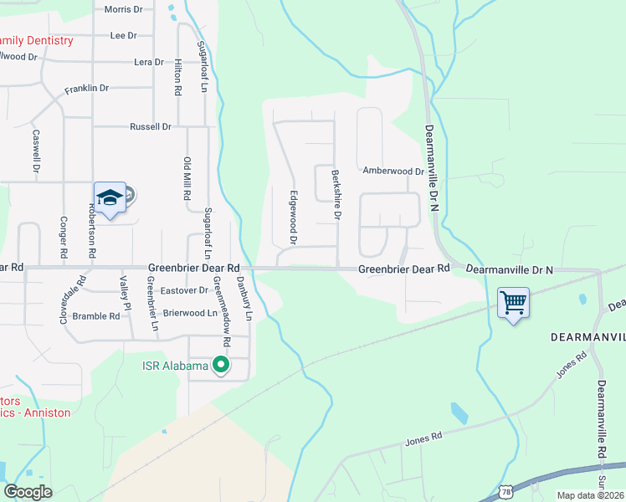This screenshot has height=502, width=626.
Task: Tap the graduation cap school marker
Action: click(110, 197)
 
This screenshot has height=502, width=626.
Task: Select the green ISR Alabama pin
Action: click(221, 366)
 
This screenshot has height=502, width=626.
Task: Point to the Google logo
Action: click(28, 491)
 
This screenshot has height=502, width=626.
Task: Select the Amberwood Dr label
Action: click(393, 171)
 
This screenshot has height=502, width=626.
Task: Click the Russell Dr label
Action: click(151, 127)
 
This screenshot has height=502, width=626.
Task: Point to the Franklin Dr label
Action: click(87, 88)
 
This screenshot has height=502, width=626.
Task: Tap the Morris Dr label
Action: click(123, 9)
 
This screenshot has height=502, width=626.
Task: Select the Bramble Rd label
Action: click(96, 316)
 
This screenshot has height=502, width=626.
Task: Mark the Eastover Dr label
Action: click(184, 290)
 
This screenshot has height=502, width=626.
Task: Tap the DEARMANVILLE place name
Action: click(588, 336)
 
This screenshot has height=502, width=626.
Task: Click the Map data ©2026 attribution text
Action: click(591, 495)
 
